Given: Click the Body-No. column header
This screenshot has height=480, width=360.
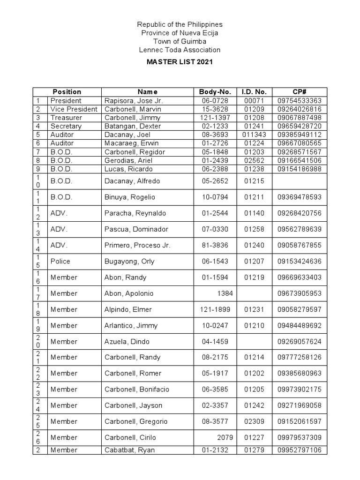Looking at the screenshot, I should (x=212, y=92).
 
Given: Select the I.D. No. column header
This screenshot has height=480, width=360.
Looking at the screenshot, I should (x=254, y=92).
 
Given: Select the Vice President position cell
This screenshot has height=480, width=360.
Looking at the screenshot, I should (x=74, y=109).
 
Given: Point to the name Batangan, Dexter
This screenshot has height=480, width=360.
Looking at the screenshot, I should (x=132, y=126).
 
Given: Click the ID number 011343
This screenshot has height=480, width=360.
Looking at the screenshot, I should (x=254, y=135).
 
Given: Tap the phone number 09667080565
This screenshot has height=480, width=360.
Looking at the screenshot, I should (x=299, y=143).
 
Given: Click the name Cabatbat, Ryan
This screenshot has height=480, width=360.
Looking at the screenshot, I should (x=129, y=450).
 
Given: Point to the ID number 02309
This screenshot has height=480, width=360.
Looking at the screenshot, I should (x=254, y=421).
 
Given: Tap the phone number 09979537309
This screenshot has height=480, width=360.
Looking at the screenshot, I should (x=299, y=437).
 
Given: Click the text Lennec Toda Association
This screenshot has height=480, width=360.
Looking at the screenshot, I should (x=179, y=50).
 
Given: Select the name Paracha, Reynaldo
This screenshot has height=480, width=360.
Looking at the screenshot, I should (x=135, y=213).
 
